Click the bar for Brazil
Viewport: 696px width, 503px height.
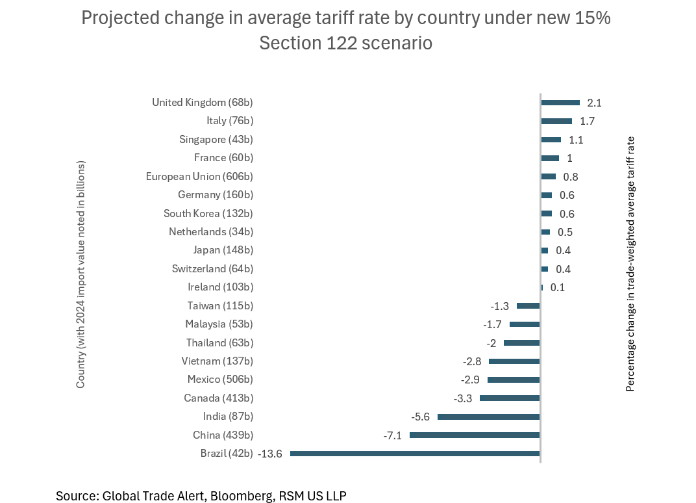[415, 454]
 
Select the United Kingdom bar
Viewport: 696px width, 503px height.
[560, 102]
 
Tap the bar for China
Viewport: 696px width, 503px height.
[475, 435]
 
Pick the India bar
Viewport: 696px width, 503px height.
[489, 417]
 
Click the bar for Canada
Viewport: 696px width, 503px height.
[510, 398]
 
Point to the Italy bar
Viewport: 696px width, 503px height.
[556, 121]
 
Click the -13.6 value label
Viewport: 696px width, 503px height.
[270, 454]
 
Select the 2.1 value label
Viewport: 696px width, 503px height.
[594, 103]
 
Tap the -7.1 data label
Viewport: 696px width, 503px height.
[392, 435]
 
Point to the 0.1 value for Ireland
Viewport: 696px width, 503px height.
[557, 287]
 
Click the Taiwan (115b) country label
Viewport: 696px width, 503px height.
[220, 305]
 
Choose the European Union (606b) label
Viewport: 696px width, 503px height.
[199, 176]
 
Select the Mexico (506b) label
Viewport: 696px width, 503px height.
[220, 380]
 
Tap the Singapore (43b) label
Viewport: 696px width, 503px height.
[216, 139]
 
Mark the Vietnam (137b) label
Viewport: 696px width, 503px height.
[217, 361]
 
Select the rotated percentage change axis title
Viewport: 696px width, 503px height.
[630, 263]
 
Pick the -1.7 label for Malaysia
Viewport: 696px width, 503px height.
[492, 324]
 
